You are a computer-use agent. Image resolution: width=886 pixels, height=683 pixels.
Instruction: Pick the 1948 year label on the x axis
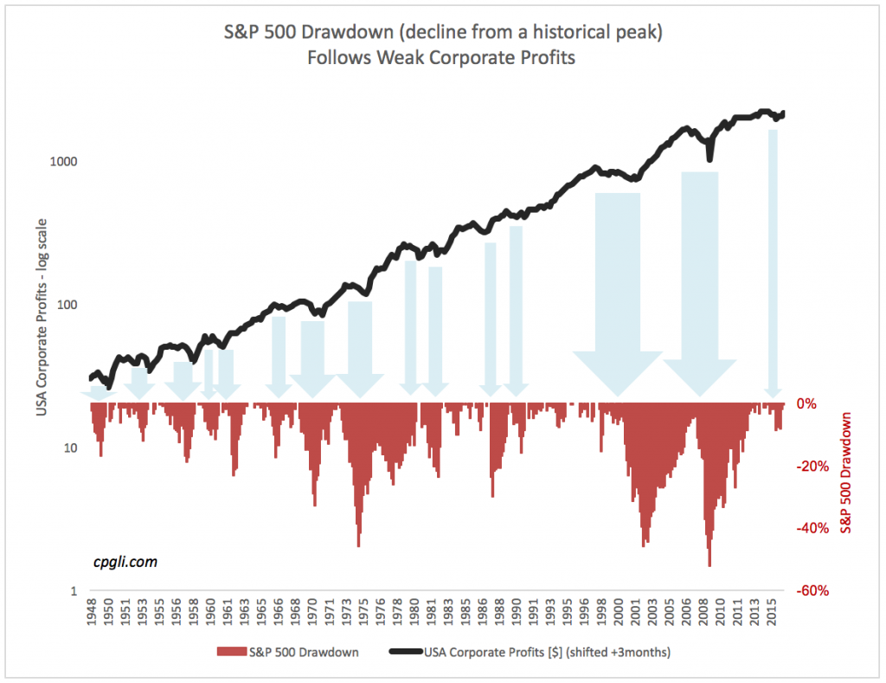click(x=91, y=614)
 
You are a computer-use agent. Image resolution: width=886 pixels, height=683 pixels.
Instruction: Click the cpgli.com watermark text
click(x=125, y=562)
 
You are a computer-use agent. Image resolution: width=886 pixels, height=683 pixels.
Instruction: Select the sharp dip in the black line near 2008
click(x=709, y=157)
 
